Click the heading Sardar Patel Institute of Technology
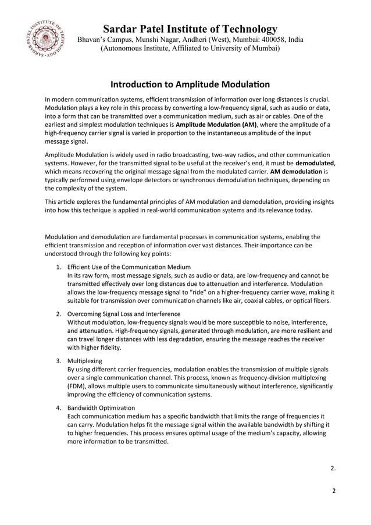click(190, 29)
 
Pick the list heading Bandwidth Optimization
click(101, 408)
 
